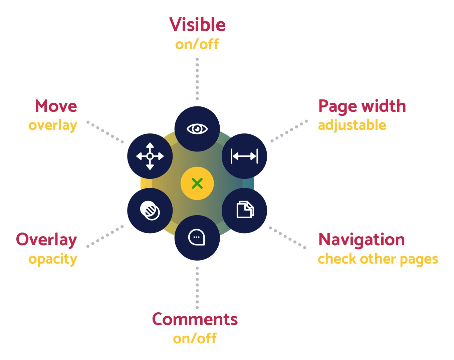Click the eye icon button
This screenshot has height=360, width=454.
point(197,129)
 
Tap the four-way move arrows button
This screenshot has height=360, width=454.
point(150,156)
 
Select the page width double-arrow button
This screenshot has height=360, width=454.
point(244,156)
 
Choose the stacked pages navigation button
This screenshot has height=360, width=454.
point(244,211)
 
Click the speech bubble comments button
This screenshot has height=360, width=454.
point(197,238)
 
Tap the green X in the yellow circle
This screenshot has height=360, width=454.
point(197,183)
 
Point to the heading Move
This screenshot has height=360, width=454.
point(56,106)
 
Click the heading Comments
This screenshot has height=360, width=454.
point(195,319)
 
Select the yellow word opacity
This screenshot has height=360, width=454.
point(53,260)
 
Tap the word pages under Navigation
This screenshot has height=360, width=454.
point(419,260)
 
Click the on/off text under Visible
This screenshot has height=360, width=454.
point(197,44)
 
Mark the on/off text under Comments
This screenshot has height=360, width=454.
point(195,338)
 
